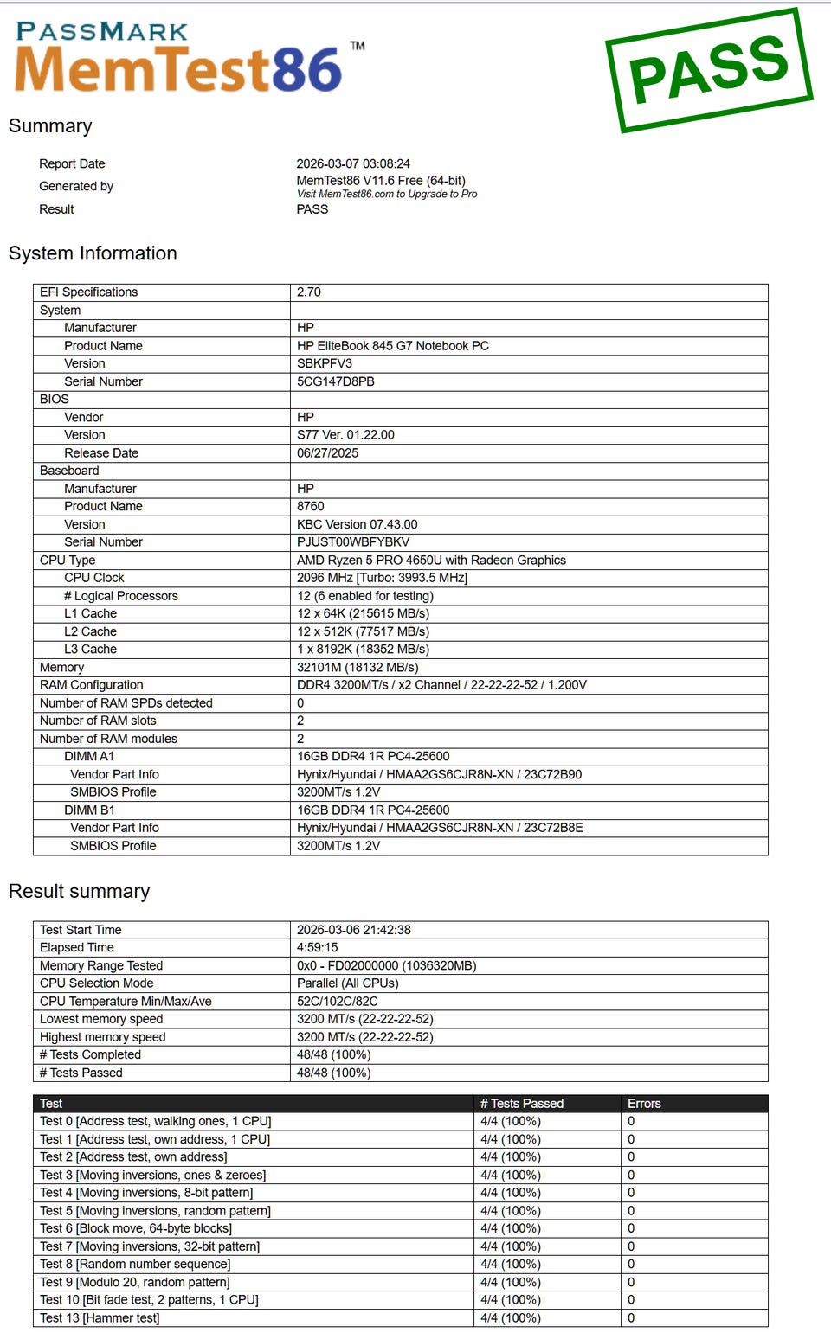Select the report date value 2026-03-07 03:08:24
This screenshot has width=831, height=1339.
pyautogui.click(x=353, y=163)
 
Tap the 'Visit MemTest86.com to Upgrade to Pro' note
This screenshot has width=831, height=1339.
pyautogui.click(x=387, y=195)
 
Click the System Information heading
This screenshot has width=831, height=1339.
pyautogui.click(x=93, y=253)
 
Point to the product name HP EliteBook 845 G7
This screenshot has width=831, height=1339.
pyautogui.click(x=393, y=346)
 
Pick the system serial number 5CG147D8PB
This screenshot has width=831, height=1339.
pyautogui.click(x=336, y=381)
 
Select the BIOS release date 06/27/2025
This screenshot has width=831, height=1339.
pyautogui.click(x=327, y=453)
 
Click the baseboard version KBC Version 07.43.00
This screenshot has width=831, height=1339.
pyautogui.click(x=357, y=524)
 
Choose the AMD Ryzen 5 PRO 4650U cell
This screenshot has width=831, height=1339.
pyautogui.click(x=431, y=561)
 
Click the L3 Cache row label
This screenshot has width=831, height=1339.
pyautogui.click(x=90, y=650)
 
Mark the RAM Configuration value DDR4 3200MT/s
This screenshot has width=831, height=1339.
pyautogui.click(x=441, y=685)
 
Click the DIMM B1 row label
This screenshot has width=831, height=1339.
pyautogui.click(x=89, y=810)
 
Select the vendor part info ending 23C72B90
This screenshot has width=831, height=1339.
pyautogui.click(x=439, y=775)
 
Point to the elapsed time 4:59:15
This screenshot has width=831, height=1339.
pyautogui.click(x=318, y=948)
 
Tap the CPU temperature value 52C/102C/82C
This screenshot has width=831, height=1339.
pyautogui.click(x=338, y=1002)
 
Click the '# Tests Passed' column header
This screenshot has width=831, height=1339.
pyautogui.click(x=522, y=1104)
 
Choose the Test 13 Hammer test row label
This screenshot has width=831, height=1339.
pyautogui.click(x=100, y=1318)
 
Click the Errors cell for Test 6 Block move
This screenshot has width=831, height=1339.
pyautogui.click(x=631, y=1228)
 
